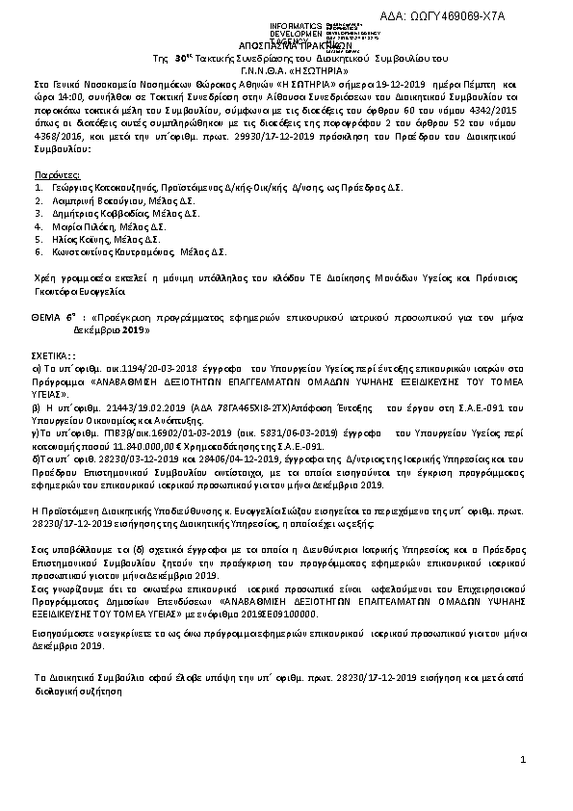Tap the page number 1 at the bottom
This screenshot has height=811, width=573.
pos(524,761)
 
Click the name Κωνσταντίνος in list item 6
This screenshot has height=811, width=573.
pos(85,252)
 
